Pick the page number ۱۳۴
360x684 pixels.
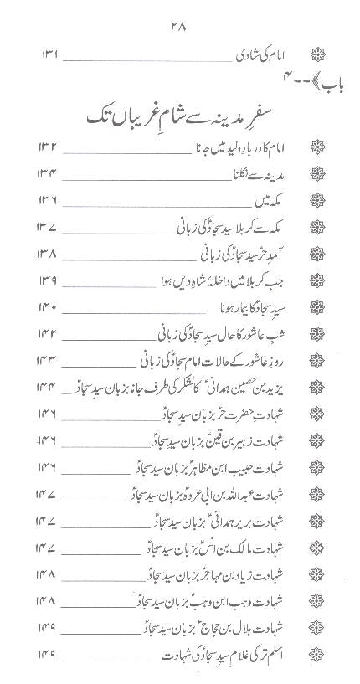pyautogui.click(x=49, y=199)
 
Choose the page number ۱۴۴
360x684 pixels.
pyautogui.click(x=49, y=387)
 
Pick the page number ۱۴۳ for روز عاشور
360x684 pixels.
pyautogui.click(x=49, y=362)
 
